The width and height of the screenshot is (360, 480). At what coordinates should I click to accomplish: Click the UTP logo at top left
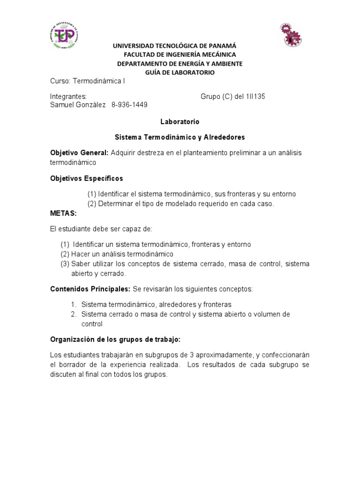pyautogui.click(x=65, y=35)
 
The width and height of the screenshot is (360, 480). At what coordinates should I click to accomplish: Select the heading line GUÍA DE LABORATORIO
pyautogui.click(x=180, y=72)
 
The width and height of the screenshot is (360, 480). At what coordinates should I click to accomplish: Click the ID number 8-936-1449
pyautogui.click(x=129, y=105)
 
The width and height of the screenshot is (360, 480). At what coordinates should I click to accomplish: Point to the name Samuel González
pyautogui.click(x=78, y=105)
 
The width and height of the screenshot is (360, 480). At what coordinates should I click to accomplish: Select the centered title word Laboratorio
pyautogui.click(x=180, y=121)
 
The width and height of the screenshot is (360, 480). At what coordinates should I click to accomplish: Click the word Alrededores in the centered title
pyautogui.click(x=220, y=137)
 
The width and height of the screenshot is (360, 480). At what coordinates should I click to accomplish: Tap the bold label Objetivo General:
pyautogui.click(x=79, y=153)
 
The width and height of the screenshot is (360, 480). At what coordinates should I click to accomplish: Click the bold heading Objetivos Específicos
pyautogui.click(x=86, y=178)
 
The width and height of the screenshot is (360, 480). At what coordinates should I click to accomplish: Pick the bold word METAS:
pyautogui.click(x=63, y=213)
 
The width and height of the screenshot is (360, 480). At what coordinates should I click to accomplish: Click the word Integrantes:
pyautogui.click(x=68, y=97)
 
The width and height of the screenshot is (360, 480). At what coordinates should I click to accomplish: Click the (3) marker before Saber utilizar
pyautogui.click(x=65, y=264)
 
